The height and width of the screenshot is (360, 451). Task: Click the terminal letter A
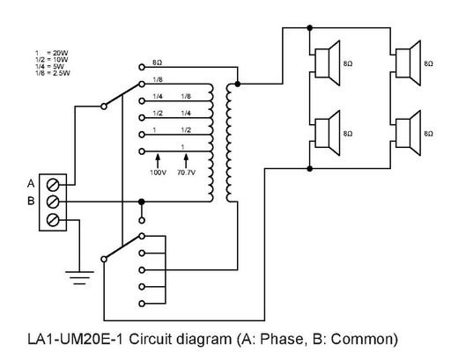click(x=31, y=184)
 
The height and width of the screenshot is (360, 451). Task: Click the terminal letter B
click(x=31, y=201)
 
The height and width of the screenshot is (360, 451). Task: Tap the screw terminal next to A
click(x=53, y=185)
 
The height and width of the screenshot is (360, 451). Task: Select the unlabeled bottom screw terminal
click(x=53, y=220)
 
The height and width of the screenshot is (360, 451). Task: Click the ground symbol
click(x=79, y=278)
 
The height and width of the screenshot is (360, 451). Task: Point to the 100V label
click(x=158, y=173)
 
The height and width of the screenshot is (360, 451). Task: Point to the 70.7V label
click(x=186, y=173)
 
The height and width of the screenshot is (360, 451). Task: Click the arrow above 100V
click(x=158, y=161)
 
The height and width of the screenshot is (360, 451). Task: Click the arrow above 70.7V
click(x=186, y=161)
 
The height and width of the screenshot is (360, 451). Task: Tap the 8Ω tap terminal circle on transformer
click(x=142, y=67)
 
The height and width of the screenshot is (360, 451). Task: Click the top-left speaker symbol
click(x=327, y=63)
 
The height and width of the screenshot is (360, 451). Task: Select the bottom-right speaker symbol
click(x=408, y=133)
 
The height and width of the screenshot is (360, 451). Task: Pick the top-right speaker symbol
click(x=408, y=63)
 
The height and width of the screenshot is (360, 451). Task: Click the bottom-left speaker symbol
click(x=327, y=133)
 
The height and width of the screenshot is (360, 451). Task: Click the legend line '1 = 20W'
click(x=52, y=53)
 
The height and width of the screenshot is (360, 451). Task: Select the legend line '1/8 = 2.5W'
click(x=53, y=73)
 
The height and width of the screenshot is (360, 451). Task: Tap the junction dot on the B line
click(x=142, y=202)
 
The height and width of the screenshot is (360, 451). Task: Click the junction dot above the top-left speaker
click(x=309, y=28)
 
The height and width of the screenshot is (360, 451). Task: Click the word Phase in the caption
click(x=282, y=339)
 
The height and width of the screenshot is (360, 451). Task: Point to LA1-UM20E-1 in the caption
click(x=76, y=339)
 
